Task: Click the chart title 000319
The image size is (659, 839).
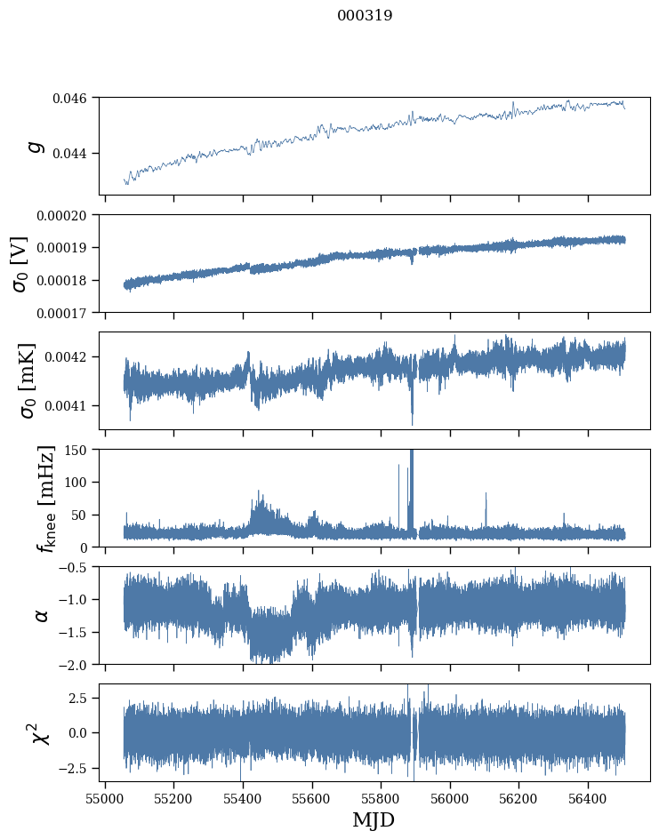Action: [x=365, y=16]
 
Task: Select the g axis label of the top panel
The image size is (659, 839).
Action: [x=36, y=146]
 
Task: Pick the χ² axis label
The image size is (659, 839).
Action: [x=40, y=732]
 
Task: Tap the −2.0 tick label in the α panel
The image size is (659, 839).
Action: [x=76, y=665]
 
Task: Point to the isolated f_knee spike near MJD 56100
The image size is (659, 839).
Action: [x=486, y=495]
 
